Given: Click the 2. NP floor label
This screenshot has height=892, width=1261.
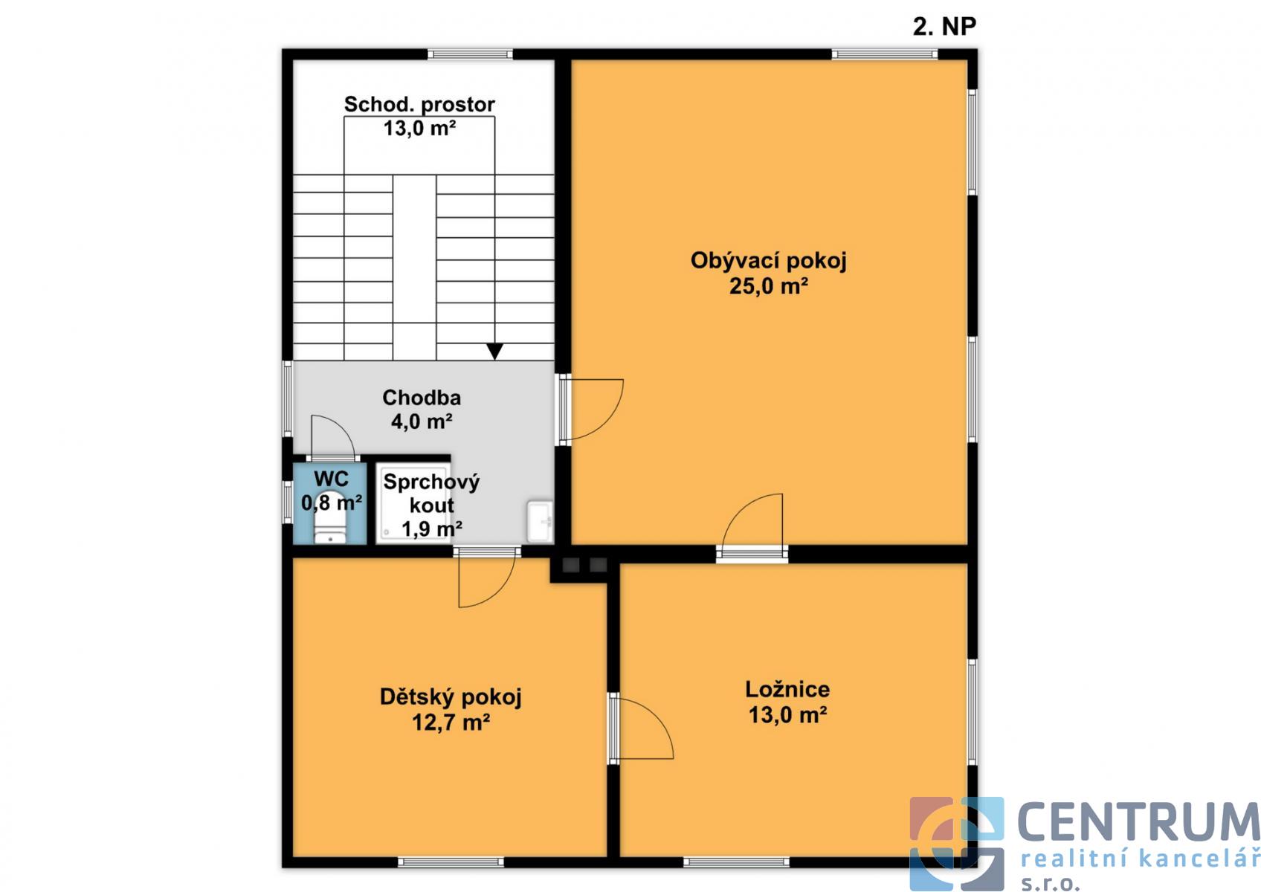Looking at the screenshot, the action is click(x=944, y=27).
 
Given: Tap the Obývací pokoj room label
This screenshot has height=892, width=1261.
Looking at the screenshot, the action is click(x=769, y=261).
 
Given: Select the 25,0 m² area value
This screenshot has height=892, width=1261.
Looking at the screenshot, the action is click(x=769, y=286).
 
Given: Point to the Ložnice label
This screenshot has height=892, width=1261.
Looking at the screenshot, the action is click(x=787, y=689).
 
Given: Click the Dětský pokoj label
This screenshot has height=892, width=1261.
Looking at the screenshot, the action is click(x=451, y=697).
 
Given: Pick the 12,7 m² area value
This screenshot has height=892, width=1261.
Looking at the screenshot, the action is click(x=451, y=722).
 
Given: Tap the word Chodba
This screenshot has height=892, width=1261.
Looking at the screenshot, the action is click(x=422, y=398).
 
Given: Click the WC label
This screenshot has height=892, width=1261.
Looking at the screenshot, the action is click(x=331, y=479).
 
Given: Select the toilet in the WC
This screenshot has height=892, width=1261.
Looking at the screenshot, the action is click(x=330, y=529).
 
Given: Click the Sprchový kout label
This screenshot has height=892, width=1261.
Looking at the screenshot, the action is click(x=431, y=494).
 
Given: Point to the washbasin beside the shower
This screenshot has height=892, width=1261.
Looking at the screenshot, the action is click(x=540, y=521).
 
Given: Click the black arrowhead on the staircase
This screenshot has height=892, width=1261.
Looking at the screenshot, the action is click(x=495, y=351).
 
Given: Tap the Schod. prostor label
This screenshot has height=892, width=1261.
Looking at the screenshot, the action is click(x=419, y=105).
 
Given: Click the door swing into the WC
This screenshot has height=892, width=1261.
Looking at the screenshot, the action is click(x=332, y=438).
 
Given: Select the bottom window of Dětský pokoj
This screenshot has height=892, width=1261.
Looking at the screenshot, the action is click(x=451, y=862).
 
